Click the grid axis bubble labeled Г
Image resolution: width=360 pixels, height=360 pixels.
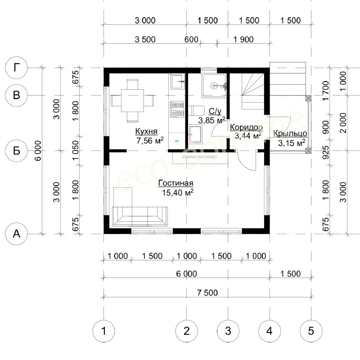tap(16, 68)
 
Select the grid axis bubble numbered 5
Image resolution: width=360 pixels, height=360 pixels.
tap(311, 331)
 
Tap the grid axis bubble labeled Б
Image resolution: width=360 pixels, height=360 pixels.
tap(16, 151)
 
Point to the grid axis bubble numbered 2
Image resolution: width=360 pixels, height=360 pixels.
tap(186, 331)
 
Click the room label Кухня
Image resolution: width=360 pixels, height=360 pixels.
tap(146, 131)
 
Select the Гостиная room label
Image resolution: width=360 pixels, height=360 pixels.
tap(176, 183)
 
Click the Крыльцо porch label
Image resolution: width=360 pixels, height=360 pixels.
tap(290, 133)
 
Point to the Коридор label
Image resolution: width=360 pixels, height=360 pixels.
tap(246, 127)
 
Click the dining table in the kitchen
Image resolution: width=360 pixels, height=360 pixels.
tap(132, 100)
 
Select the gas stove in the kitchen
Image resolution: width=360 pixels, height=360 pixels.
tap(177, 109)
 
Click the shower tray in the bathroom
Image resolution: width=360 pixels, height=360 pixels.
tap(214, 86)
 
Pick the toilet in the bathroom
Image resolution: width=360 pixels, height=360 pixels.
tap(197, 110)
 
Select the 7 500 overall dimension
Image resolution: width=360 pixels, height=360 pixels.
tap(207, 293)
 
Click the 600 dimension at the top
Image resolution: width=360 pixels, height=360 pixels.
tap(191, 39)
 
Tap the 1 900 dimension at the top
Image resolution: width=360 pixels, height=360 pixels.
tap(243, 40)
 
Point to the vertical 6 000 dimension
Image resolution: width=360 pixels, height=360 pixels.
tap(38, 150)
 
